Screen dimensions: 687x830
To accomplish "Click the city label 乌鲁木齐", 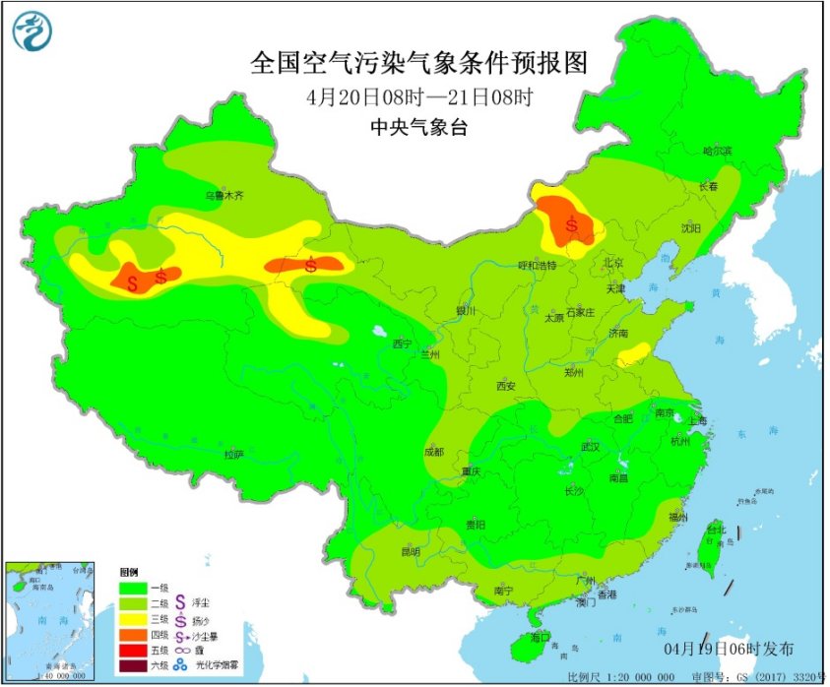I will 223,196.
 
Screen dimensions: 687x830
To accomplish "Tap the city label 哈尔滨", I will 717,151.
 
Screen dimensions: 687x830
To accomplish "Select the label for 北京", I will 614,263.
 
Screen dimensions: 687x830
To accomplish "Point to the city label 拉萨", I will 233,455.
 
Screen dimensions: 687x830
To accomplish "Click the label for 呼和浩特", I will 538,266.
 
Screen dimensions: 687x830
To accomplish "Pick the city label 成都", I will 433,452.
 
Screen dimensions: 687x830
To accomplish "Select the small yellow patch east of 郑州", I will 633,354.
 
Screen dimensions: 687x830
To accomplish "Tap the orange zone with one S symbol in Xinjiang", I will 311,264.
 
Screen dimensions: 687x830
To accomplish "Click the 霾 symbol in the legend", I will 181,652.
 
